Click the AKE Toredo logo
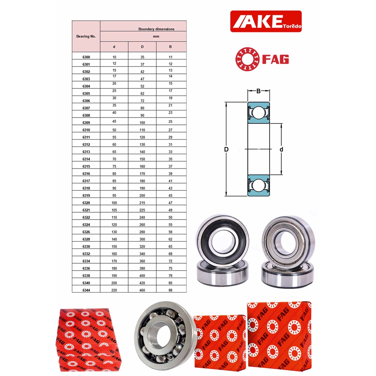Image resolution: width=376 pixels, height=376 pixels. click(x=266, y=21)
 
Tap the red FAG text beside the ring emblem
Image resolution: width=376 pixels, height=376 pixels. click(x=276, y=59)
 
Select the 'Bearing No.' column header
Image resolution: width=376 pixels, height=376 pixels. click(x=86, y=36)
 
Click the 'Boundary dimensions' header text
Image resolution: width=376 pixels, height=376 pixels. click(x=156, y=29)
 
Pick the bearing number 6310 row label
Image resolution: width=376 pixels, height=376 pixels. click(x=86, y=130)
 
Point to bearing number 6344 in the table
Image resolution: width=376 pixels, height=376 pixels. click(x=86, y=290)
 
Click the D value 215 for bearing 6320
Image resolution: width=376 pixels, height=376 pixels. click(x=142, y=203)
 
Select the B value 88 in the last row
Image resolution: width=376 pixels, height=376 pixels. click(x=170, y=290)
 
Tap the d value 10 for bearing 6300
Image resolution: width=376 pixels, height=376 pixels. click(x=115, y=57)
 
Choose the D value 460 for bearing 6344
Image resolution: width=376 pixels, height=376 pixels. click(x=142, y=290)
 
